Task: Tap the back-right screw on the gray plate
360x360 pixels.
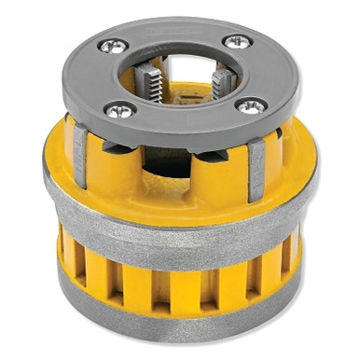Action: pos(237,41)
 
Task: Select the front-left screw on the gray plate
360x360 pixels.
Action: pos(118,111)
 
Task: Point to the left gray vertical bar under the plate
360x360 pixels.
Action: pos(81,154)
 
